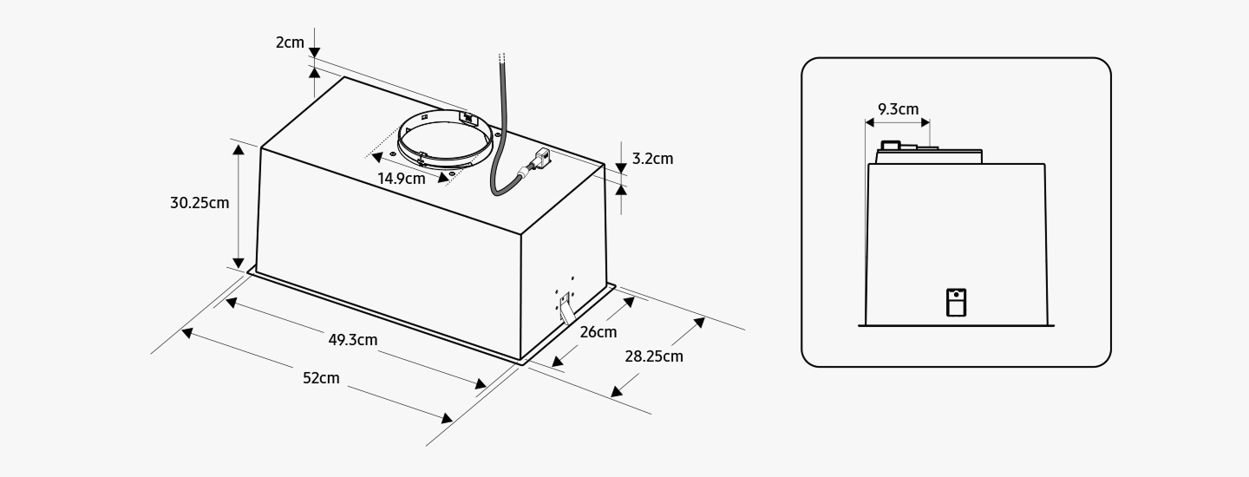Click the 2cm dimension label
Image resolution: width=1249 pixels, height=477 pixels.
click(x=290, y=42)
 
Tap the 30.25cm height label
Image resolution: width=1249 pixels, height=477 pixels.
click(x=199, y=203)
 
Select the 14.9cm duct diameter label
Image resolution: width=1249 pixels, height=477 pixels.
click(x=402, y=179)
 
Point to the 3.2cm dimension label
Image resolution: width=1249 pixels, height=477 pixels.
click(x=652, y=159)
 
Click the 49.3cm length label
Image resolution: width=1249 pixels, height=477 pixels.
click(x=353, y=340)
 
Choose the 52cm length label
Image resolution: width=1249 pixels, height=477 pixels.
click(x=321, y=378)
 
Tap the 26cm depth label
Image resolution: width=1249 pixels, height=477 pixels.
click(x=598, y=332)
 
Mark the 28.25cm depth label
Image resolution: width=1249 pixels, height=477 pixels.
click(x=654, y=356)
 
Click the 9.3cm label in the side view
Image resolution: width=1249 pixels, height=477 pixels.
click(x=899, y=109)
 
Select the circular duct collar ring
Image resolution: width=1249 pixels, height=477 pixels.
click(x=445, y=143)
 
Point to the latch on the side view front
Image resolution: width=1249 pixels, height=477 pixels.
click(x=956, y=302)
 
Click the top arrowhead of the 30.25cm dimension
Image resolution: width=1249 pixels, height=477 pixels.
click(x=239, y=149)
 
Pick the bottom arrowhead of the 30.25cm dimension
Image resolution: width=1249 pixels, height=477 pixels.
click(x=239, y=263)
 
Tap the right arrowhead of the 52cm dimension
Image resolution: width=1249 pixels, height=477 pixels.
click(x=447, y=418)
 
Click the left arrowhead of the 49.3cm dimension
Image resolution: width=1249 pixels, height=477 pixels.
click(x=231, y=303)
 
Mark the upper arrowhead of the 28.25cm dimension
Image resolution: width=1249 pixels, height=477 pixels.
click(x=699, y=323)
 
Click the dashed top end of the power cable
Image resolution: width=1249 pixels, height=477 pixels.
click(x=501, y=58)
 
